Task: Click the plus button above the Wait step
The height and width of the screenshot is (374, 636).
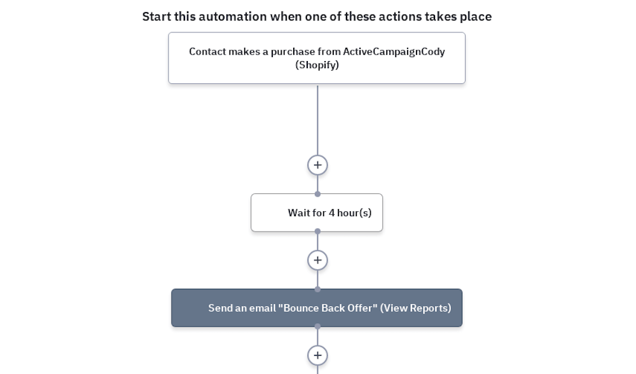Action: coord(317,165)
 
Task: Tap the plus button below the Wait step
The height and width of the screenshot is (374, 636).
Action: coord(317,260)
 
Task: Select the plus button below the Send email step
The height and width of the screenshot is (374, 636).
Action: coord(317,356)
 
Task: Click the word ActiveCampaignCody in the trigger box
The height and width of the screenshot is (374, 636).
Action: coord(394,52)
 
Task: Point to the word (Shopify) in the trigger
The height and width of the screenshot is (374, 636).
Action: coord(317,65)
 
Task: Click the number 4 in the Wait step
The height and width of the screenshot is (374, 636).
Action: coord(332,213)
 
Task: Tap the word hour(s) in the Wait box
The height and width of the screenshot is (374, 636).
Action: coord(354,213)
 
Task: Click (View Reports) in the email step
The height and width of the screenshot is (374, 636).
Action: coord(416,308)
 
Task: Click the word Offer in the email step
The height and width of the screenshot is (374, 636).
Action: coord(359,308)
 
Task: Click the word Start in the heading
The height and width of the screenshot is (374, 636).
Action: coord(156,17)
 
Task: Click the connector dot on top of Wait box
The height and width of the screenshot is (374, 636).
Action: coord(317,194)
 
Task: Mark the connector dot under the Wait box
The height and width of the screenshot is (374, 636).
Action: coord(317,232)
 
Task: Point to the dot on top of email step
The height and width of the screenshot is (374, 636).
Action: coord(317,289)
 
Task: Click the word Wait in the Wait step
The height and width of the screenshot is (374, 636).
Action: coord(298,213)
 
